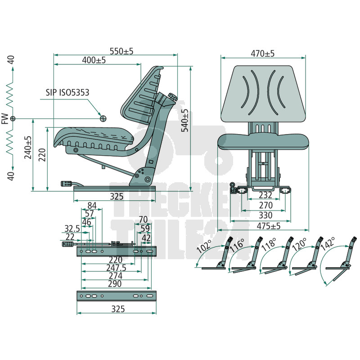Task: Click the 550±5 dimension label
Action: (x=121, y=51)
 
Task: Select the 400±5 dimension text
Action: (x=94, y=60)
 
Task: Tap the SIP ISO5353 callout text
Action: (x=67, y=93)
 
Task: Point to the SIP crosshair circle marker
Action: (x=103, y=118)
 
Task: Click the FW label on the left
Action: (x=5, y=119)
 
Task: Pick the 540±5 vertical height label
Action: (x=185, y=120)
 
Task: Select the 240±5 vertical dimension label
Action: (x=28, y=148)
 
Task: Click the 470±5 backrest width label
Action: (x=263, y=54)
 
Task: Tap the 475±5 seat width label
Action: (x=269, y=226)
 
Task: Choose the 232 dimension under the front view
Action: (x=265, y=195)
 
